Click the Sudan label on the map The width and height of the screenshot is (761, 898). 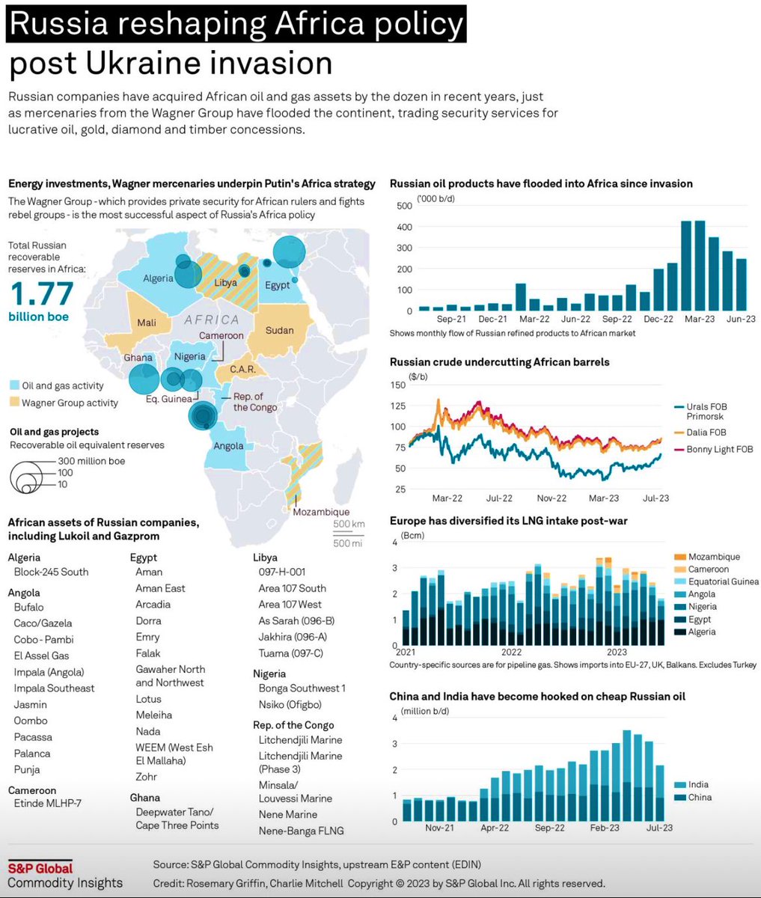(x=279, y=330)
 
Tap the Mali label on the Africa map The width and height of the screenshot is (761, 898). (x=147, y=323)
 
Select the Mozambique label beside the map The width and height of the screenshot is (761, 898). (x=321, y=512)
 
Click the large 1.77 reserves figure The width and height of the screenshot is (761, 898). (x=42, y=293)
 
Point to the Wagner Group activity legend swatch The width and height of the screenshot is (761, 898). (x=15, y=402)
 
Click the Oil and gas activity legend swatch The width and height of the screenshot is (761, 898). (x=15, y=385)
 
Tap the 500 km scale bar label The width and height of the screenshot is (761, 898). (x=349, y=524)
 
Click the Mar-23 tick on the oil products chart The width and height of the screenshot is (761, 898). (x=700, y=319)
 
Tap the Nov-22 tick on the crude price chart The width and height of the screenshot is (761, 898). (x=551, y=498)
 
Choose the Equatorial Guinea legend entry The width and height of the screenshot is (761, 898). (x=717, y=581)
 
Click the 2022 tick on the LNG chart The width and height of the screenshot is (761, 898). (x=511, y=652)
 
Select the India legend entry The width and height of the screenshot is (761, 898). (x=691, y=784)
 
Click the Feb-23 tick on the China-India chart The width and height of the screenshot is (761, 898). (x=604, y=828)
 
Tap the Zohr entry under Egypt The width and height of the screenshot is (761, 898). (x=147, y=776)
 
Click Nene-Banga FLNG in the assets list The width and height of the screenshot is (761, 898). (x=301, y=831)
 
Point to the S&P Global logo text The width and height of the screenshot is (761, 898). (x=40, y=868)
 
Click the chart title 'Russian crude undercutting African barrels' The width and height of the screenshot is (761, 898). (x=500, y=362)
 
